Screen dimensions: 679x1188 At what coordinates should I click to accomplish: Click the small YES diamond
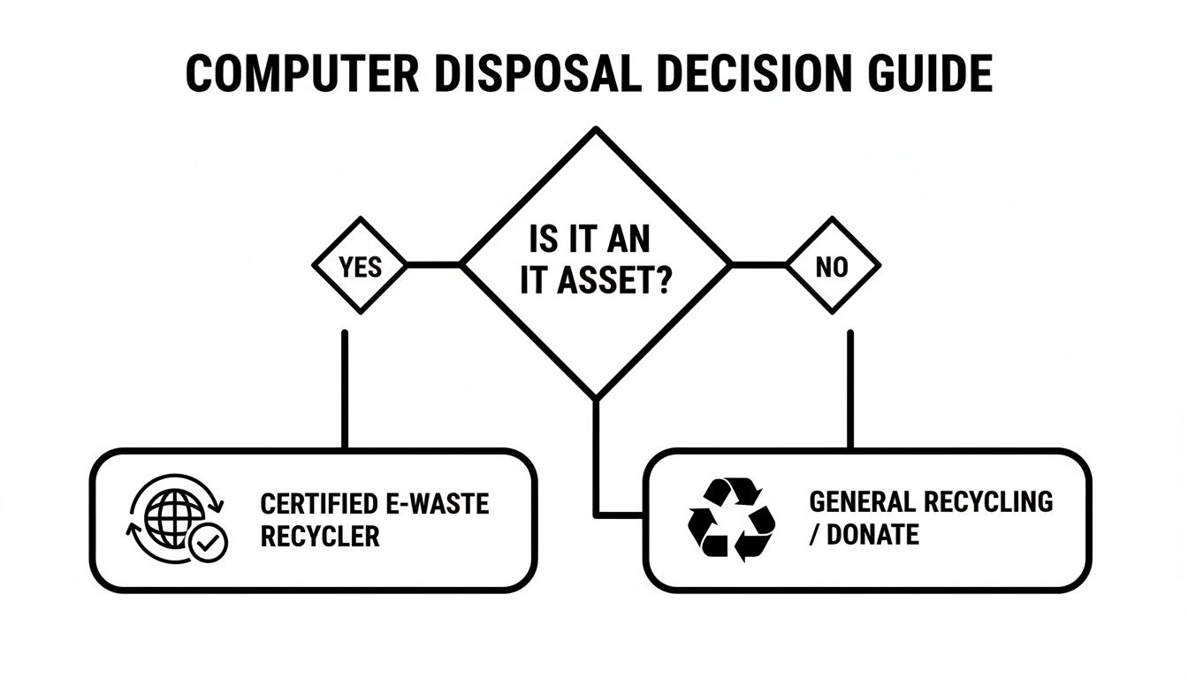pyautogui.click(x=360, y=266)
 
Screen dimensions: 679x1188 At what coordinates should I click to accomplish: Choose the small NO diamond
pyautogui.click(x=832, y=266)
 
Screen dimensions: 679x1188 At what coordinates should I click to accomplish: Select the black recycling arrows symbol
pyautogui.click(x=732, y=520)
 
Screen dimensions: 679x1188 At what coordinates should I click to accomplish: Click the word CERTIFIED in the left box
pyautogui.click(x=312, y=505)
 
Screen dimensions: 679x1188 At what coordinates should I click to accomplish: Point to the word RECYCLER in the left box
pyautogui.click(x=320, y=537)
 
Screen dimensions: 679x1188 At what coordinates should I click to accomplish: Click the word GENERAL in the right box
pyautogui.click(x=863, y=502)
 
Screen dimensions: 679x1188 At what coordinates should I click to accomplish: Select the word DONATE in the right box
pyautogui.click(x=873, y=534)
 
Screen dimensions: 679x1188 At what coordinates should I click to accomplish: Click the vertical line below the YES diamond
pyautogui.click(x=344, y=389)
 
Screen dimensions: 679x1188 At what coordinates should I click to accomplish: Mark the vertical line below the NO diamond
pyautogui.click(x=850, y=389)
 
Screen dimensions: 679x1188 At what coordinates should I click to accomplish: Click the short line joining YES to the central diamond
pyautogui.click(x=433, y=264)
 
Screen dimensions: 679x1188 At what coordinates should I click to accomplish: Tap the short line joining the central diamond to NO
pyautogui.click(x=758, y=264)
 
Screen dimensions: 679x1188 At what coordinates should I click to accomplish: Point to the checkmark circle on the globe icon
pyautogui.click(x=209, y=545)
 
